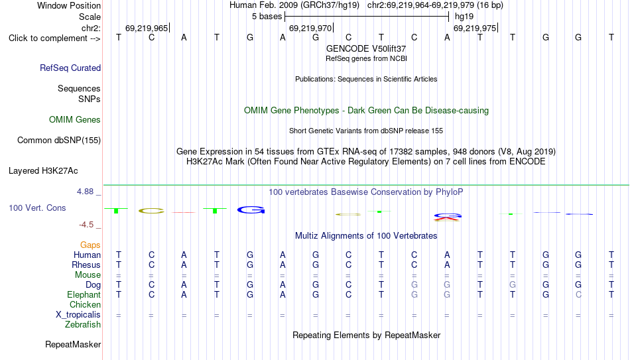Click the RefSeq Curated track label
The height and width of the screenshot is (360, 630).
point(70,68)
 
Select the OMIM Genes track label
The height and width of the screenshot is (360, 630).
point(75,120)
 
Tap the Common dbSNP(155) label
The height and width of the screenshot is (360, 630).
point(59,141)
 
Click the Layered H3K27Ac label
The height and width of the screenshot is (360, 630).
point(43,171)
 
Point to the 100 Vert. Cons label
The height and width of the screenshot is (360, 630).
point(37,208)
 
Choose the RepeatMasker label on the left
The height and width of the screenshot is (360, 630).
point(73,344)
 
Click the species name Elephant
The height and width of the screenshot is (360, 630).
point(84,294)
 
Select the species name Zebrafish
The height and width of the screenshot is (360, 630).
point(83,324)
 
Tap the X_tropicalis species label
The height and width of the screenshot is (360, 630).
point(78,315)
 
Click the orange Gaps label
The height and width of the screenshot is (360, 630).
point(90,245)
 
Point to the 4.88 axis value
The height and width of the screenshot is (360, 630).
point(85,192)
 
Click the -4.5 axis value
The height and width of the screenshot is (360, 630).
point(86,225)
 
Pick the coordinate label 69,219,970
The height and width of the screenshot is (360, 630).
point(310,28)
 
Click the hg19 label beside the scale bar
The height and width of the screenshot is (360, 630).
point(464,17)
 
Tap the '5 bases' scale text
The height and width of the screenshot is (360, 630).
point(267,17)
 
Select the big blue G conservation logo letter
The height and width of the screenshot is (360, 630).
point(251,210)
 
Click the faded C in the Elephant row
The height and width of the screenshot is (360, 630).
point(578,294)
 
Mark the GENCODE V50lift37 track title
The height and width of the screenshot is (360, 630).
point(366,48)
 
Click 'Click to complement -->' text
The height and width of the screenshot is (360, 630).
point(54,38)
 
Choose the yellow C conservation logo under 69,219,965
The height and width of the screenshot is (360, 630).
point(151,211)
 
